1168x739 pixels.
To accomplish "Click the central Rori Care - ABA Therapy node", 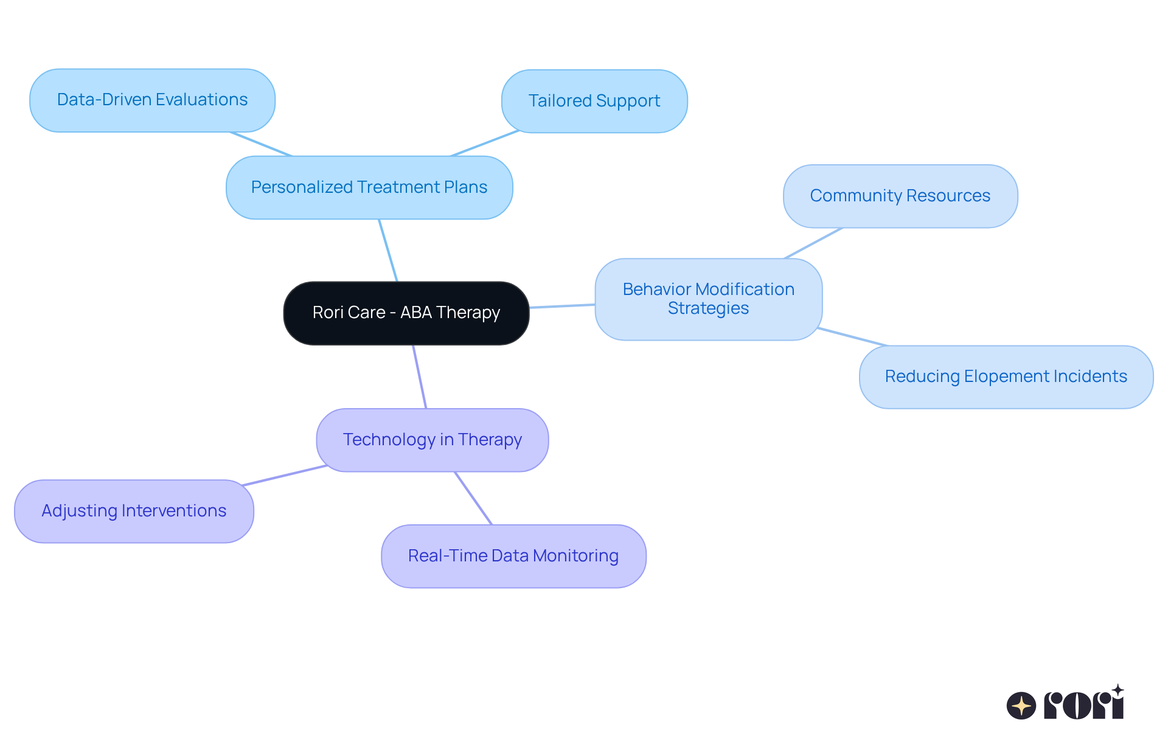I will [406, 313].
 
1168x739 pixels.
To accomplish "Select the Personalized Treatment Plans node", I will [369, 187].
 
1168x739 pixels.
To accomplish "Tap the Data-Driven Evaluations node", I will [152, 100].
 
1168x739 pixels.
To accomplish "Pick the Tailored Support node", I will [594, 101].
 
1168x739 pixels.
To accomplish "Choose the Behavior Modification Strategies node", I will [708, 299].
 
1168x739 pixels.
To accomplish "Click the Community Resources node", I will [900, 196].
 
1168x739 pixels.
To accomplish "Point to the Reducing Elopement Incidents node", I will [1006, 376].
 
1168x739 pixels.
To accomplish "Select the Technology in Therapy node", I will [432, 440].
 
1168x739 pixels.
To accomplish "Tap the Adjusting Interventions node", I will [134, 511].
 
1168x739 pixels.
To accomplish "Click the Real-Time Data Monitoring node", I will [513, 556].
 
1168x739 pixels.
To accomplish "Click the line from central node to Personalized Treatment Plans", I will [388, 250].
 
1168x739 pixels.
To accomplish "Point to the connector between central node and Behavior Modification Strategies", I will [562, 306].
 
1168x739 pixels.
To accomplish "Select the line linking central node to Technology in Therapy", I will [420, 377].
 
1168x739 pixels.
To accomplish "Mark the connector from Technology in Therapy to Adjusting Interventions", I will [285, 476].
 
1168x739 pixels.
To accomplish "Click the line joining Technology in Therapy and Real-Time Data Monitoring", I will [473, 498].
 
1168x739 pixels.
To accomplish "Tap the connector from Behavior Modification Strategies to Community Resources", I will [813, 243].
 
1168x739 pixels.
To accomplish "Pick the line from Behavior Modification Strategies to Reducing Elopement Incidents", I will [853, 337].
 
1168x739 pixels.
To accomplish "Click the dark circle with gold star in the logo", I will [1021, 706].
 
